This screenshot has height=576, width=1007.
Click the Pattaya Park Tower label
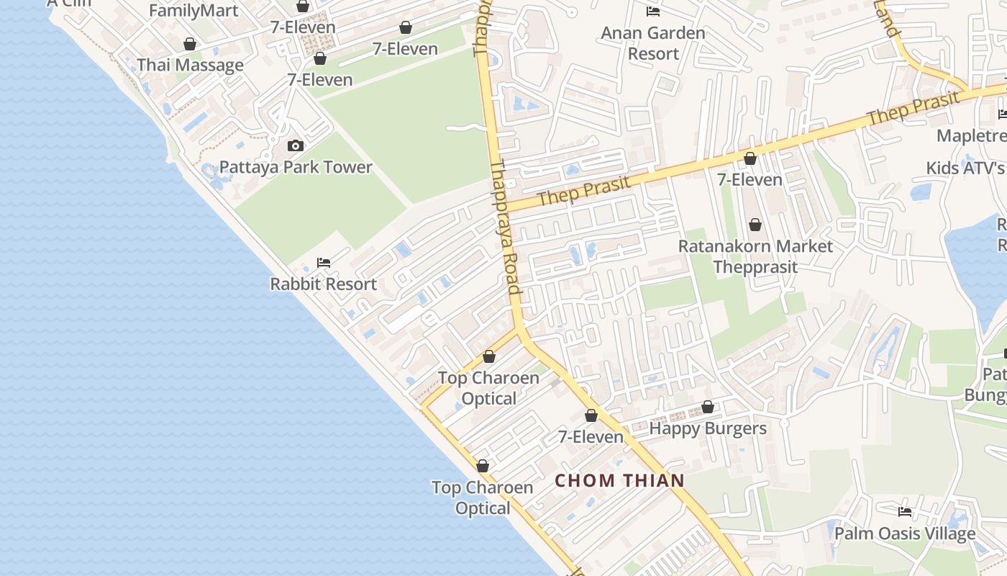[296, 167]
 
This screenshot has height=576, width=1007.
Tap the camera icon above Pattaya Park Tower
[295, 146]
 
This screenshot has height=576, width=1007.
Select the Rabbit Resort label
[323, 284]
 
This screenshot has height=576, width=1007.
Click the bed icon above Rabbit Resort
[324, 263]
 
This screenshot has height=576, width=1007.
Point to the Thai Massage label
[190, 65]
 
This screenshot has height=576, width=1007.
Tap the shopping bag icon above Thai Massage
[190, 45]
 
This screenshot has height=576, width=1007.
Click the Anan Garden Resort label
[653, 43]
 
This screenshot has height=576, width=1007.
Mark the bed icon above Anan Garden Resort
[653, 12]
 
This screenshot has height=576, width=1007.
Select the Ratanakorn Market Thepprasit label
[755, 256]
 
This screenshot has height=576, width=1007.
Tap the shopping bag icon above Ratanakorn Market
[755, 225]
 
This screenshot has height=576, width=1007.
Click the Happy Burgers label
[708, 428]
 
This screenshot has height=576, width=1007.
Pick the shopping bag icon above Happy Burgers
[708, 408]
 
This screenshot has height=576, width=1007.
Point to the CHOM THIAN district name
[620, 480]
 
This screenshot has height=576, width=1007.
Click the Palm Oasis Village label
[905, 534]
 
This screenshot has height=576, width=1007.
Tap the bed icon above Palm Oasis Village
[905, 512]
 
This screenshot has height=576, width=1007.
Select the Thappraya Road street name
[505, 227]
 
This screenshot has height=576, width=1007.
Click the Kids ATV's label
[965, 168]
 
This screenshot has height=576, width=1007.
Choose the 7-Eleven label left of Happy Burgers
[591, 436]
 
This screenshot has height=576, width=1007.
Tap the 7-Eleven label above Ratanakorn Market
[749, 179]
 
